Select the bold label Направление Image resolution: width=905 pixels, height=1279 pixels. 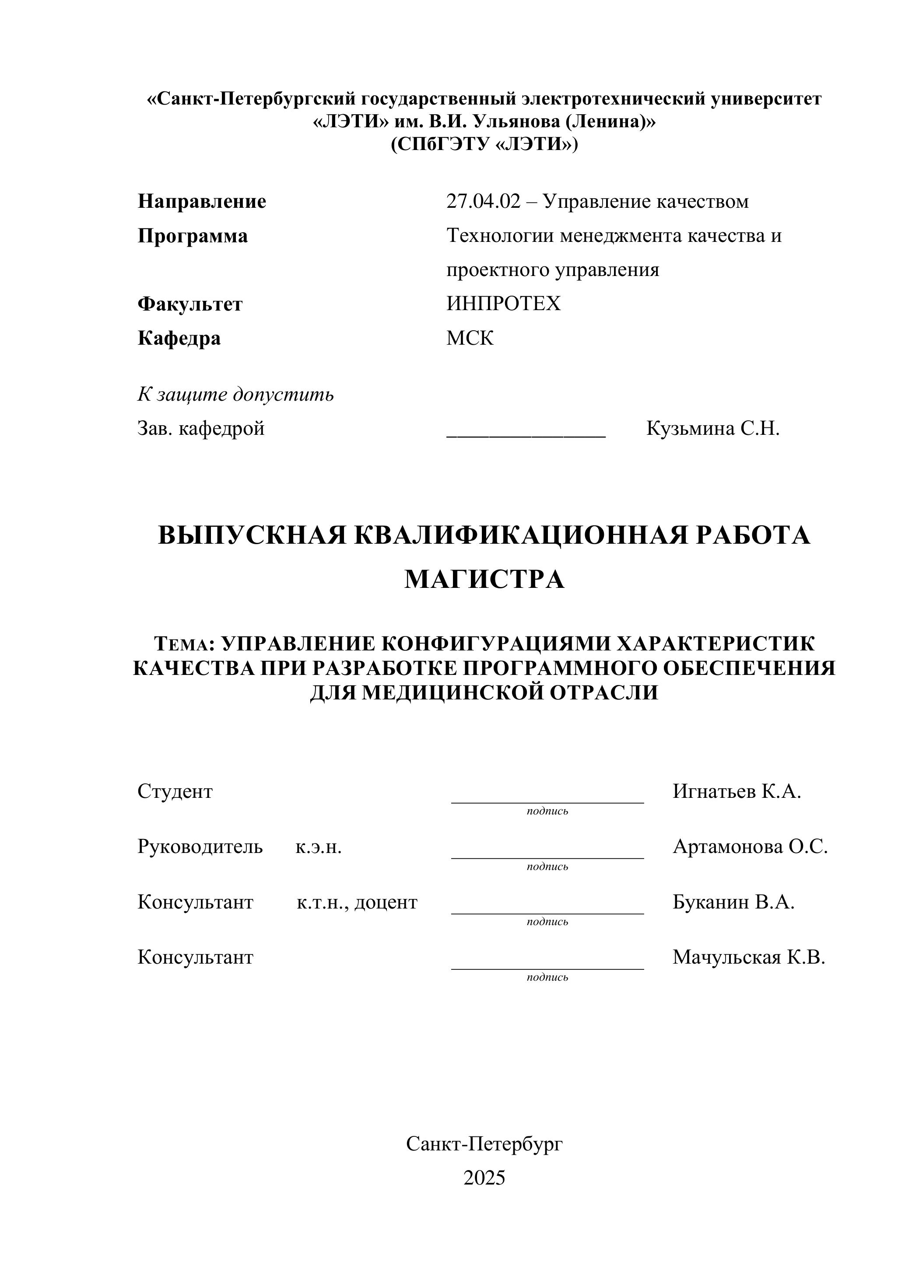tap(202, 202)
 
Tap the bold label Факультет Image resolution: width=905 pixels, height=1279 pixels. tap(190, 304)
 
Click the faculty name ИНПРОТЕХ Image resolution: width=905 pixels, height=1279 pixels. tap(503, 304)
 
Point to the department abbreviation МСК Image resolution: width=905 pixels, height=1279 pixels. tap(470, 338)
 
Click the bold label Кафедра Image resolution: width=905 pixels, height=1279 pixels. tap(179, 338)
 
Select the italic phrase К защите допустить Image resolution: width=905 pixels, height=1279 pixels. tap(236, 395)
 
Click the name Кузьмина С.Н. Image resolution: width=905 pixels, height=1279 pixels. tap(713, 428)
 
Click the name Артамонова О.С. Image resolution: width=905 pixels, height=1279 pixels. tap(750, 847)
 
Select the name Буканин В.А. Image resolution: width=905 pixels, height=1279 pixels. tap(733, 902)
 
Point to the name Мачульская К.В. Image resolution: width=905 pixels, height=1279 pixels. tap(748, 958)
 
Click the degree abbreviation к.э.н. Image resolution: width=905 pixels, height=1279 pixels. tap(318, 847)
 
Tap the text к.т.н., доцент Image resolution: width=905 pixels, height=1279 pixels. tap(357, 902)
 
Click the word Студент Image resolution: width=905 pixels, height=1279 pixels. tap(175, 792)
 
